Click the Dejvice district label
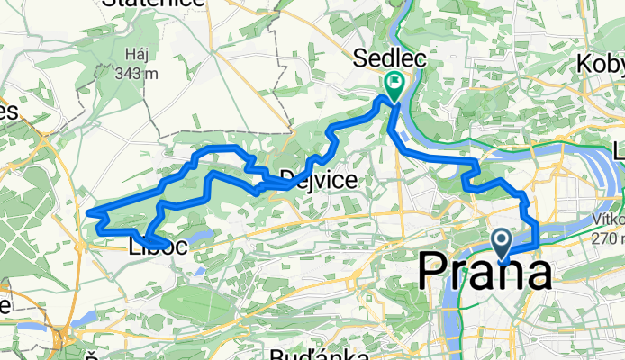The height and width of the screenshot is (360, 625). coord(318,180)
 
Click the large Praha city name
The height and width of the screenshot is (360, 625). coord(485,270)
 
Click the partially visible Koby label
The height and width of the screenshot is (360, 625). coord(601,65)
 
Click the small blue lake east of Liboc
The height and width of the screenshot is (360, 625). coord(204,238)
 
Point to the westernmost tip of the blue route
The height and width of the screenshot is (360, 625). coord(88,213)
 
